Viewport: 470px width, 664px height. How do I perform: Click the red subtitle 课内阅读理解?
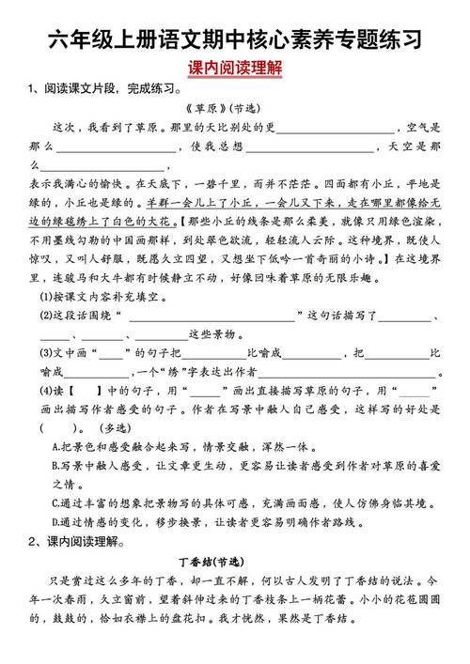235,69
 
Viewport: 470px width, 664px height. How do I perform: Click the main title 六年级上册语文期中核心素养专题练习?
235,39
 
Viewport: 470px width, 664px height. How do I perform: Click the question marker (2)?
46,316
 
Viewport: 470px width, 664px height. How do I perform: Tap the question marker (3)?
46,354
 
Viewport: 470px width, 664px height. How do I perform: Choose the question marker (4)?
46,390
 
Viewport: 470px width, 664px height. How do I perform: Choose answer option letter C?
56,502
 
